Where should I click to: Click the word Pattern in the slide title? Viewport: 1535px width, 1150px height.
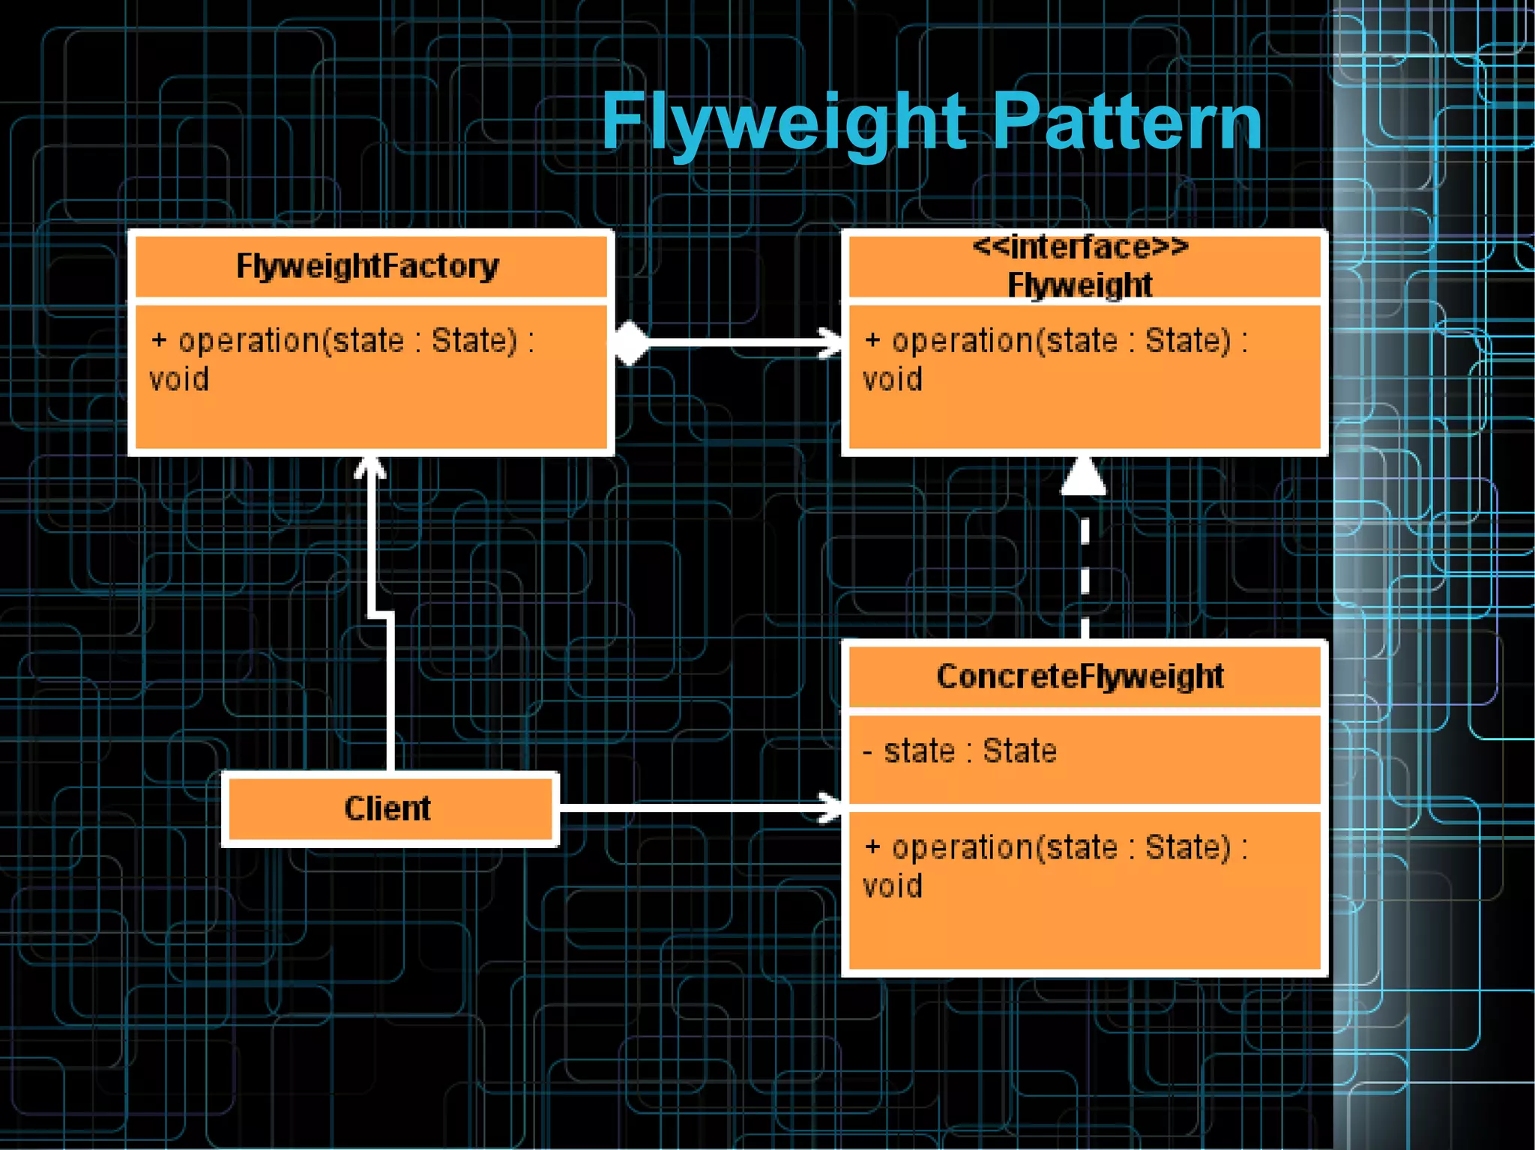coord(1127,122)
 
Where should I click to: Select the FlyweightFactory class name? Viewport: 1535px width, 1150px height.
coord(367,266)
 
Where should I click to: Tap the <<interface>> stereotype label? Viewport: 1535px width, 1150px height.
coord(1080,246)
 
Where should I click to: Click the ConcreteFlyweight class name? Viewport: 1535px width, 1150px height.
coord(1080,677)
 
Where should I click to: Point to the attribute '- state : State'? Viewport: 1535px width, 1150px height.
coord(960,751)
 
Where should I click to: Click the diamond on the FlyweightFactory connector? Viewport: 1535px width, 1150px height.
coord(631,343)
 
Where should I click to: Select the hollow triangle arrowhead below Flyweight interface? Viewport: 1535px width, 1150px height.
coord(1084,476)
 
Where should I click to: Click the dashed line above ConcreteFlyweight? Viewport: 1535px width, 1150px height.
coord(1085,569)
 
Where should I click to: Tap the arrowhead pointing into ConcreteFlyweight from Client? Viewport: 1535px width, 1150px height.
coord(832,808)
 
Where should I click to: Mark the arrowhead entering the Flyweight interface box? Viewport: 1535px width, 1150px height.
coord(832,342)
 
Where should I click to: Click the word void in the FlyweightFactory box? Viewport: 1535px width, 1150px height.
coord(179,379)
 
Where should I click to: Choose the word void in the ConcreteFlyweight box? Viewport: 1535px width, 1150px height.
coord(893,886)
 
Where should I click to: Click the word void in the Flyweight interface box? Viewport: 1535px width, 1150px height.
coord(893,379)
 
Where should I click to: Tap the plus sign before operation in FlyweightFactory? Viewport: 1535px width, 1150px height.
coord(159,341)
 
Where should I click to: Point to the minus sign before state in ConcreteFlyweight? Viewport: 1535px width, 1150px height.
coord(868,751)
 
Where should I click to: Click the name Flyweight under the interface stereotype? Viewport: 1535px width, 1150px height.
coord(1080,285)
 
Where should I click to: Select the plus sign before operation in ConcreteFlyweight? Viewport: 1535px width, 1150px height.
coord(872,847)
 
